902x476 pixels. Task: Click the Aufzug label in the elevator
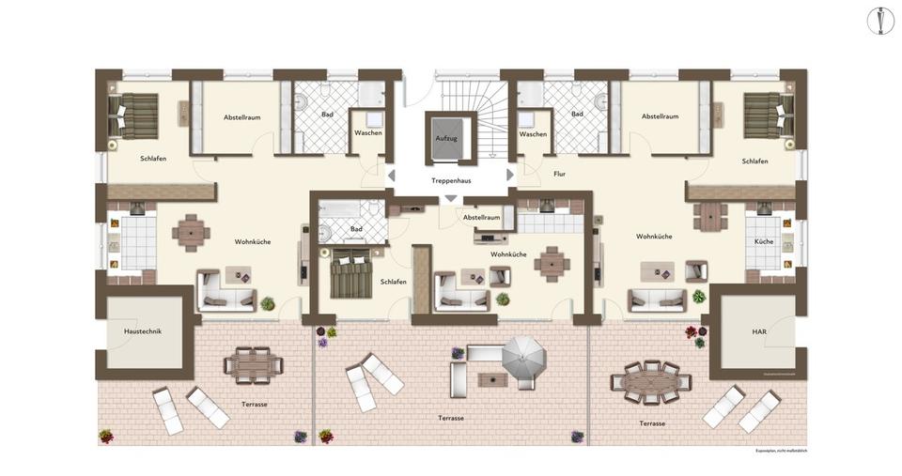pyautogui.click(x=445, y=138)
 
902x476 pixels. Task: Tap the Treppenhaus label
pyautogui.click(x=451, y=179)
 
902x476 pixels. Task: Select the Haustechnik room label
pyautogui.click(x=144, y=332)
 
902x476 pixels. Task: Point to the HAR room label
pyautogui.click(x=759, y=332)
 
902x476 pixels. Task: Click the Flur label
pyautogui.click(x=560, y=174)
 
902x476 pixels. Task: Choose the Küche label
pyautogui.click(x=763, y=241)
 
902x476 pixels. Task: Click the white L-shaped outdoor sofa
pyautogui.click(x=469, y=367)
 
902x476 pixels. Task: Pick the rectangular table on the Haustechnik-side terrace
pyautogui.click(x=251, y=365)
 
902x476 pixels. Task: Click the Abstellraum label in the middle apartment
pyautogui.click(x=481, y=218)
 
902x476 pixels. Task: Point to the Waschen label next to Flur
pyautogui.click(x=533, y=134)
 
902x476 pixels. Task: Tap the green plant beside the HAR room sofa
pyautogui.click(x=698, y=297)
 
